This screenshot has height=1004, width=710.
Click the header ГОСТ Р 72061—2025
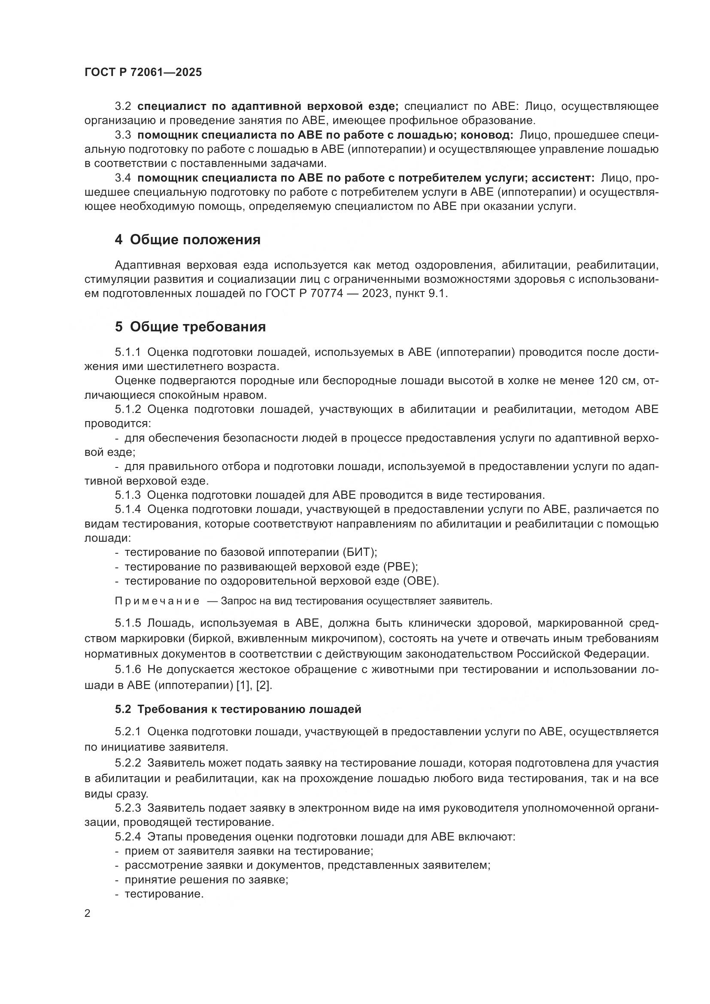(x=143, y=73)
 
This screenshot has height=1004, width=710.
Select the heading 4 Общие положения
(x=188, y=240)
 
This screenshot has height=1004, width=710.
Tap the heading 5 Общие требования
(x=190, y=327)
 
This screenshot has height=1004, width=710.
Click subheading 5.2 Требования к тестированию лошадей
(x=238, y=709)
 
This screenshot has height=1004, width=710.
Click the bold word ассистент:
(x=563, y=178)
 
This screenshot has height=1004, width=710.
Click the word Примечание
(x=157, y=601)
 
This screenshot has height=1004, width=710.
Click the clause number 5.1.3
(x=127, y=495)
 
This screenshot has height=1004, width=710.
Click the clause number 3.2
(x=123, y=106)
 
